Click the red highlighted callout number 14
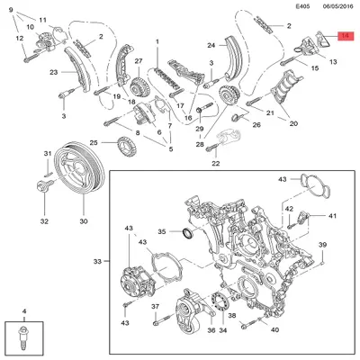coord(345,37)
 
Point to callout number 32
coord(43,220)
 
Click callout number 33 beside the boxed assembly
coord(98,262)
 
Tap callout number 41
coord(332,217)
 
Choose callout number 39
coord(322,247)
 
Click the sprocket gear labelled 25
coord(133,143)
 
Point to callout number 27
coord(139,61)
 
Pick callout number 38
coord(232,316)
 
